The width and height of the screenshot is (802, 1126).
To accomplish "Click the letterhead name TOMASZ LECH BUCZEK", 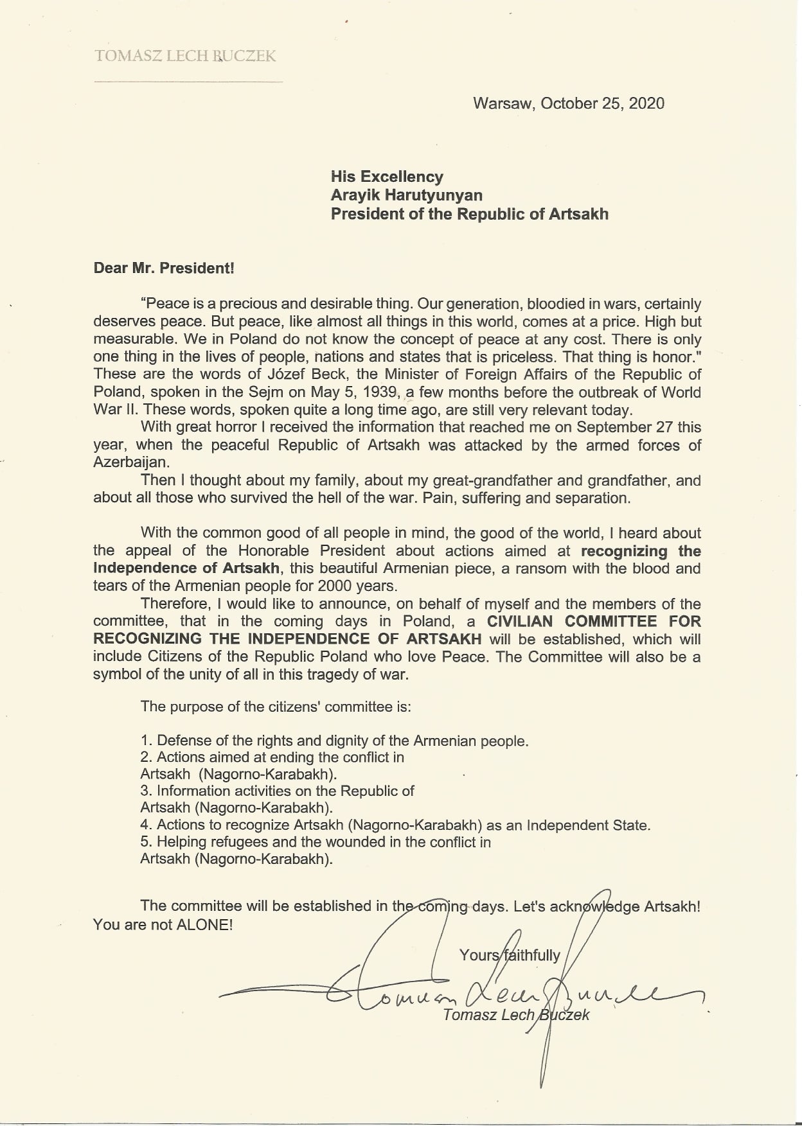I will coord(185,57).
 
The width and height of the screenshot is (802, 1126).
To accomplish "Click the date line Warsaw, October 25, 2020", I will coord(569,103).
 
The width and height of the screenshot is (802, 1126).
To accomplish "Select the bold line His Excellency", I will coord(387,177).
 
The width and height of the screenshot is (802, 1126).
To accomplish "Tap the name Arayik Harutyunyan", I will coord(407,195).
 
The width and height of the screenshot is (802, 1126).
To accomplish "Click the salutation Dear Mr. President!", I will coord(164,268).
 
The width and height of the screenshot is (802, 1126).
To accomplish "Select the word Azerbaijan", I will coord(130,462).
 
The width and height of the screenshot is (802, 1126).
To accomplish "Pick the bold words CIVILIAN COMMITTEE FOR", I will coord(594,621).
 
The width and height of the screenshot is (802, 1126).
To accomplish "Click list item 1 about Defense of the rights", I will coord(334,741).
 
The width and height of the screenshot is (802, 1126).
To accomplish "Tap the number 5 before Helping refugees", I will coord(145,841).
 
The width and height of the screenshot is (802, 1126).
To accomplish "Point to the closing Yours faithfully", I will coord(510,955).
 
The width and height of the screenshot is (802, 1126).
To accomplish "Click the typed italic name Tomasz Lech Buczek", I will coord(516,1015).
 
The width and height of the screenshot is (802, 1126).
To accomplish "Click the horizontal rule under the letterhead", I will coord(188,82).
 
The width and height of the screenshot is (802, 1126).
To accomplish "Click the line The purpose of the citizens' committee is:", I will coord(276,707).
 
